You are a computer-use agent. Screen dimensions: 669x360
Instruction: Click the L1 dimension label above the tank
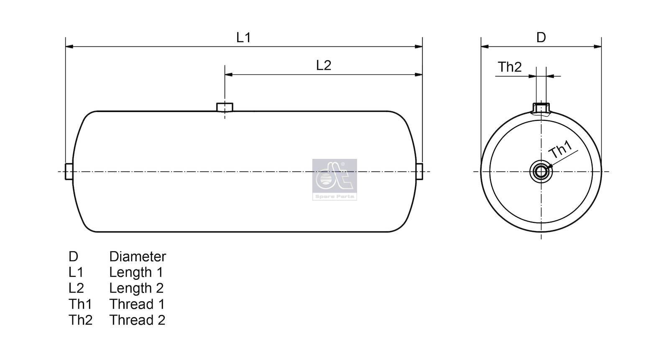pyautogui.click(x=243, y=38)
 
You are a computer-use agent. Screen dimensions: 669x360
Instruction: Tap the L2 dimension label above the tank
pyautogui.click(x=324, y=65)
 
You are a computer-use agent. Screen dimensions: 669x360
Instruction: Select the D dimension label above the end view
pyautogui.click(x=541, y=38)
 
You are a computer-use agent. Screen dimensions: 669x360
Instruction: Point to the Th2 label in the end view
pyautogui.click(x=510, y=67)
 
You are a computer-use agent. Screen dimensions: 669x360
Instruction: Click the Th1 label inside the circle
pyautogui.click(x=561, y=149)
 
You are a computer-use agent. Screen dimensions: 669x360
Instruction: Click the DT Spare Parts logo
pyautogui.click(x=334, y=179)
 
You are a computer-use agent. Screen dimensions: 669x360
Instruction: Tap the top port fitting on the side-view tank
pyautogui.click(x=225, y=107)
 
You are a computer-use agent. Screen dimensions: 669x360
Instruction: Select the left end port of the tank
pyautogui.click(x=69, y=171)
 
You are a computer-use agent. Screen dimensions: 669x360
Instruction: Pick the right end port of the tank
pyautogui.click(x=419, y=171)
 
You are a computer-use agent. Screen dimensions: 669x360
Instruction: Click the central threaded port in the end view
pyautogui.click(x=541, y=172)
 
